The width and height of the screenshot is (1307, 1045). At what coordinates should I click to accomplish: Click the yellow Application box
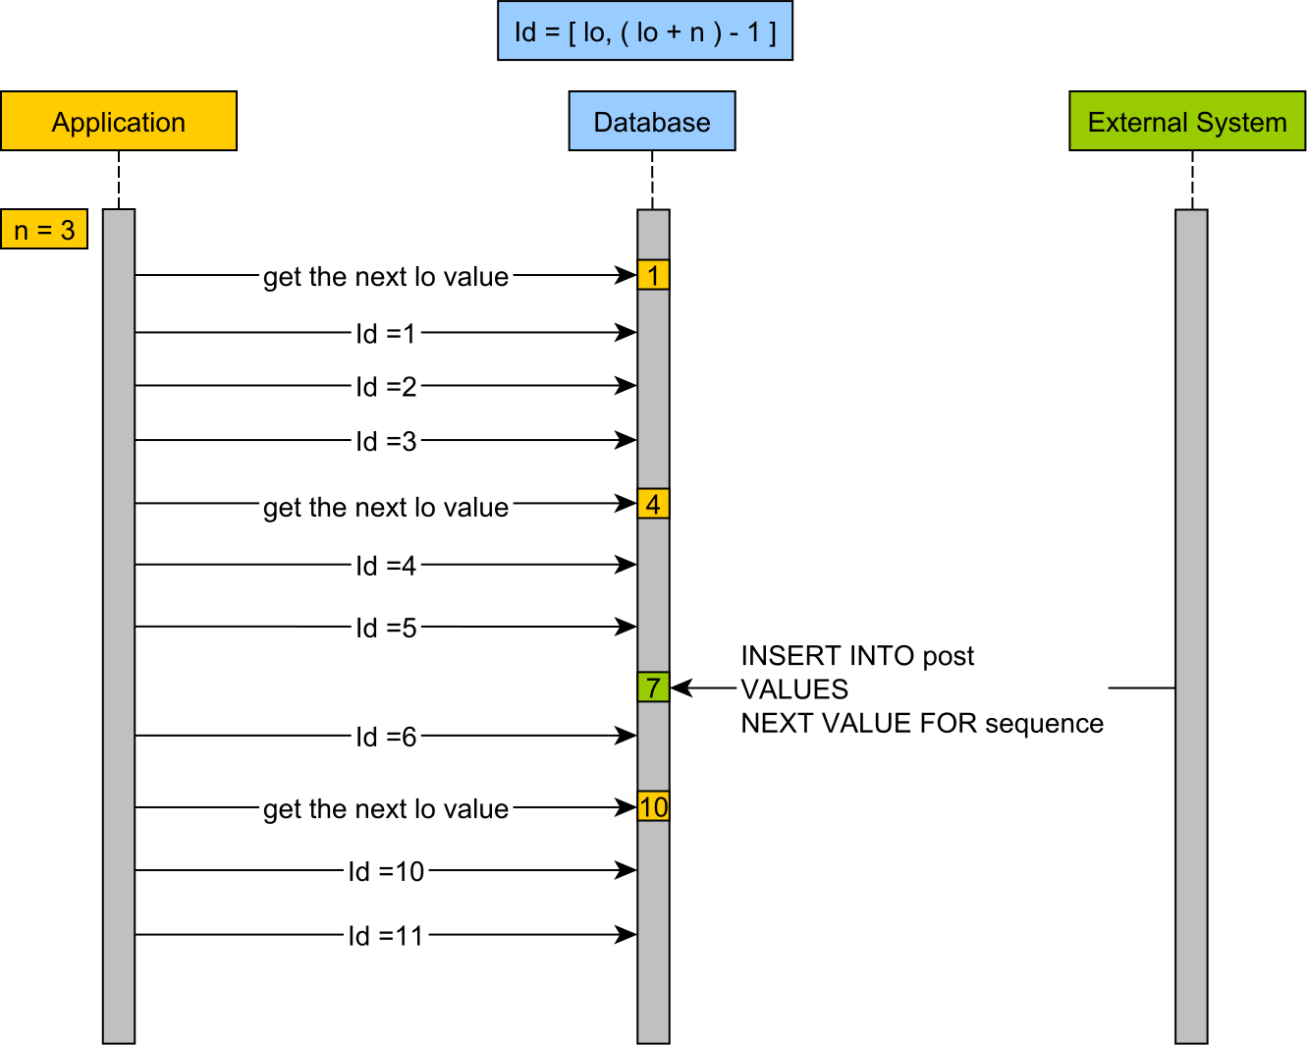[119, 121]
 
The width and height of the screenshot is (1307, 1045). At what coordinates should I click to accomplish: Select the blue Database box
[652, 121]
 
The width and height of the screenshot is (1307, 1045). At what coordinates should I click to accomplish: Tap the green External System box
[1187, 121]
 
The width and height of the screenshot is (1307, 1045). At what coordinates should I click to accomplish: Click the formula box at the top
[645, 31]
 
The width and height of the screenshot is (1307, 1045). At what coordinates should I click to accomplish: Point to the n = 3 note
[44, 229]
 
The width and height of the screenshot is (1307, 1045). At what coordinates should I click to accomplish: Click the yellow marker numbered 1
[653, 275]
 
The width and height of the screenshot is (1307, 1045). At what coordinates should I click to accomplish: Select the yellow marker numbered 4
[653, 504]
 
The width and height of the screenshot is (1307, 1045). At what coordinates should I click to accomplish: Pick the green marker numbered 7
[653, 687]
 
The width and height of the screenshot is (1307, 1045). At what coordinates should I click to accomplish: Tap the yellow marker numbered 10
[653, 807]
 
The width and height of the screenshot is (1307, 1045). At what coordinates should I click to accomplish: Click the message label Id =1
[386, 334]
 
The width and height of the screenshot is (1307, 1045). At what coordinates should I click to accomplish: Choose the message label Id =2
[386, 387]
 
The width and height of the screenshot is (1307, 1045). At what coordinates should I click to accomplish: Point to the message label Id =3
[386, 441]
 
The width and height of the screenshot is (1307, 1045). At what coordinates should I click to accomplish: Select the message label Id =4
[386, 566]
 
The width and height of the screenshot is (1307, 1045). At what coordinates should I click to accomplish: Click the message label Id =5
[386, 628]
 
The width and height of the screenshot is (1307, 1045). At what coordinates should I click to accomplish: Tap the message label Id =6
[386, 737]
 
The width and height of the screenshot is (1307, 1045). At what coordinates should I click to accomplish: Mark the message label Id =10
[386, 871]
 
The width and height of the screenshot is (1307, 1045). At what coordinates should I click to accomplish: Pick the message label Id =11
[386, 936]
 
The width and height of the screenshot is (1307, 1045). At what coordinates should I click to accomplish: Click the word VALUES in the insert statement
[794, 689]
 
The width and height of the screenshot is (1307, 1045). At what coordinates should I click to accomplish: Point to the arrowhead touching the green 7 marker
[680, 688]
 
